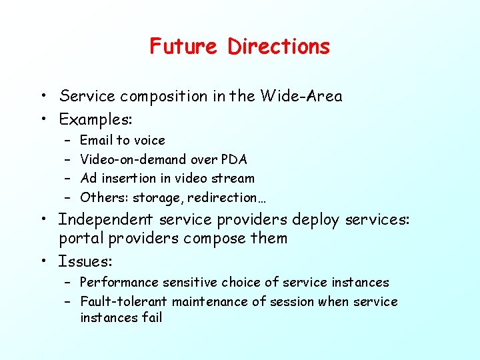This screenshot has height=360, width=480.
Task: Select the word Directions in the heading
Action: (x=279, y=47)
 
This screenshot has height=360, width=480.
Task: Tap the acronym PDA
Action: (x=233, y=159)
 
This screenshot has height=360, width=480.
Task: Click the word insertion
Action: (x=127, y=178)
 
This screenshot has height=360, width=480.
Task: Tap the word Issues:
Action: (x=85, y=261)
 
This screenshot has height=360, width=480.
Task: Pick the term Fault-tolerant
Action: (x=124, y=301)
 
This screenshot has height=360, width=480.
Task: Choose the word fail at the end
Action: (x=151, y=317)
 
